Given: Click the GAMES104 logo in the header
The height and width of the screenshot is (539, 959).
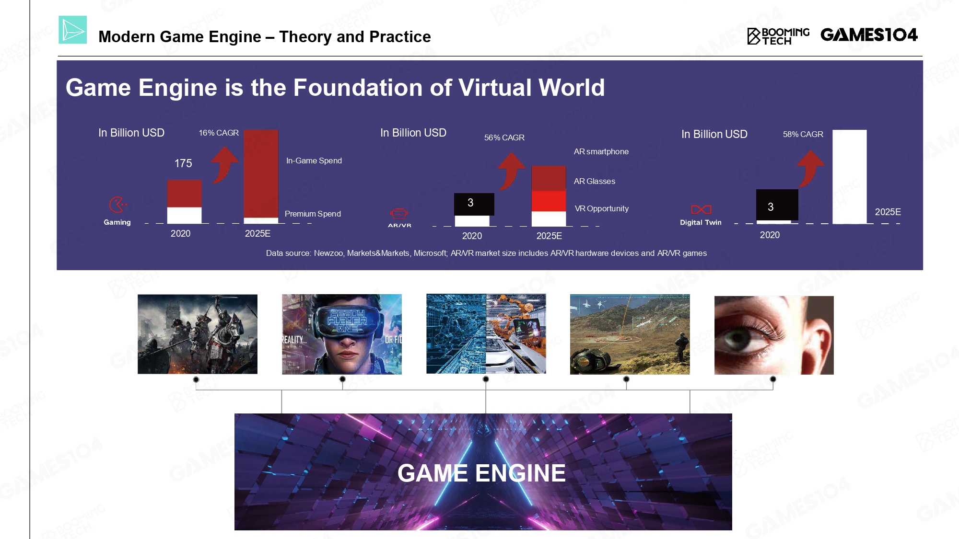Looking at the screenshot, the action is click(869, 34).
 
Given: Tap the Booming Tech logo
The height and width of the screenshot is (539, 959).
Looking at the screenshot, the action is click(778, 36).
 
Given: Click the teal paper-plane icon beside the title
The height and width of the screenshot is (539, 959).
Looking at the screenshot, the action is click(72, 30).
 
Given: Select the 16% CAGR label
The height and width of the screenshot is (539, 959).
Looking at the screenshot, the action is click(219, 133).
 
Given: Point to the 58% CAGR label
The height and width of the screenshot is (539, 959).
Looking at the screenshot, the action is click(803, 134).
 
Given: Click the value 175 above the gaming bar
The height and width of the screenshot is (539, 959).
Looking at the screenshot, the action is click(183, 163).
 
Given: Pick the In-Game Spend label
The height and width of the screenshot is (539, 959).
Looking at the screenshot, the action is click(314, 161).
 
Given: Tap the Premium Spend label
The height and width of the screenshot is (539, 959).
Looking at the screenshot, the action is click(313, 214).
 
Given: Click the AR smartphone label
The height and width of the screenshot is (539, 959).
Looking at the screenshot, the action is click(601, 151).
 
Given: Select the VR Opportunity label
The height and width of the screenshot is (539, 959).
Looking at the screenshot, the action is click(602, 208).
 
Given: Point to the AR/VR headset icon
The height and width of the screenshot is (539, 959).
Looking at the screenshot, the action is click(399, 213).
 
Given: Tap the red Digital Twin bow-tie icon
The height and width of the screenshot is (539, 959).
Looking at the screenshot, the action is click(701, 209).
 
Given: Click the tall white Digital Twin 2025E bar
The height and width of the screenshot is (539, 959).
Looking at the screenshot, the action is click(850, 177).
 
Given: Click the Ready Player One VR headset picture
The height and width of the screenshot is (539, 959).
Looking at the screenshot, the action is click(342, 334).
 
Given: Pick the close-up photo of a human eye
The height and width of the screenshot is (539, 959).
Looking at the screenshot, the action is click(774, 335).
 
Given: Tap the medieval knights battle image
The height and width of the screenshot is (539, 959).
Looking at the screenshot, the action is click(198, 334).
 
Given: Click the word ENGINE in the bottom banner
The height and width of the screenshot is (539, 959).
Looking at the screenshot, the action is click(521, 473).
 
